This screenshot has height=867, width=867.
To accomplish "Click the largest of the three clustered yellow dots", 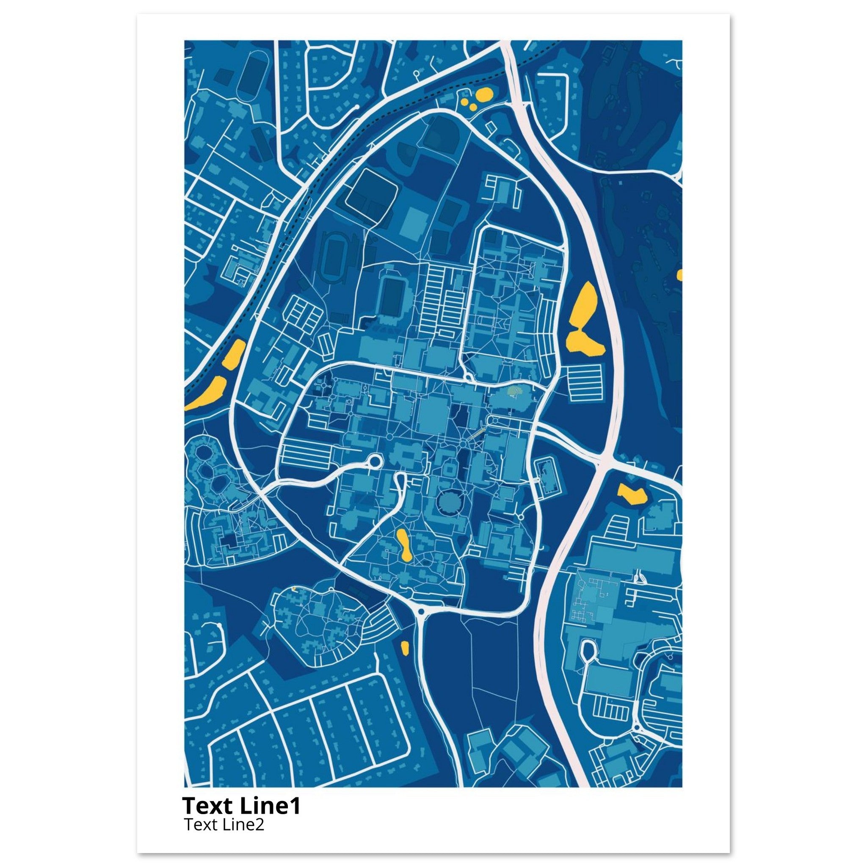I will click(x=484, y=95).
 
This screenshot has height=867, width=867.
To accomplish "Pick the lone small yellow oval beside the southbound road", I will click(x=404, y=648).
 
